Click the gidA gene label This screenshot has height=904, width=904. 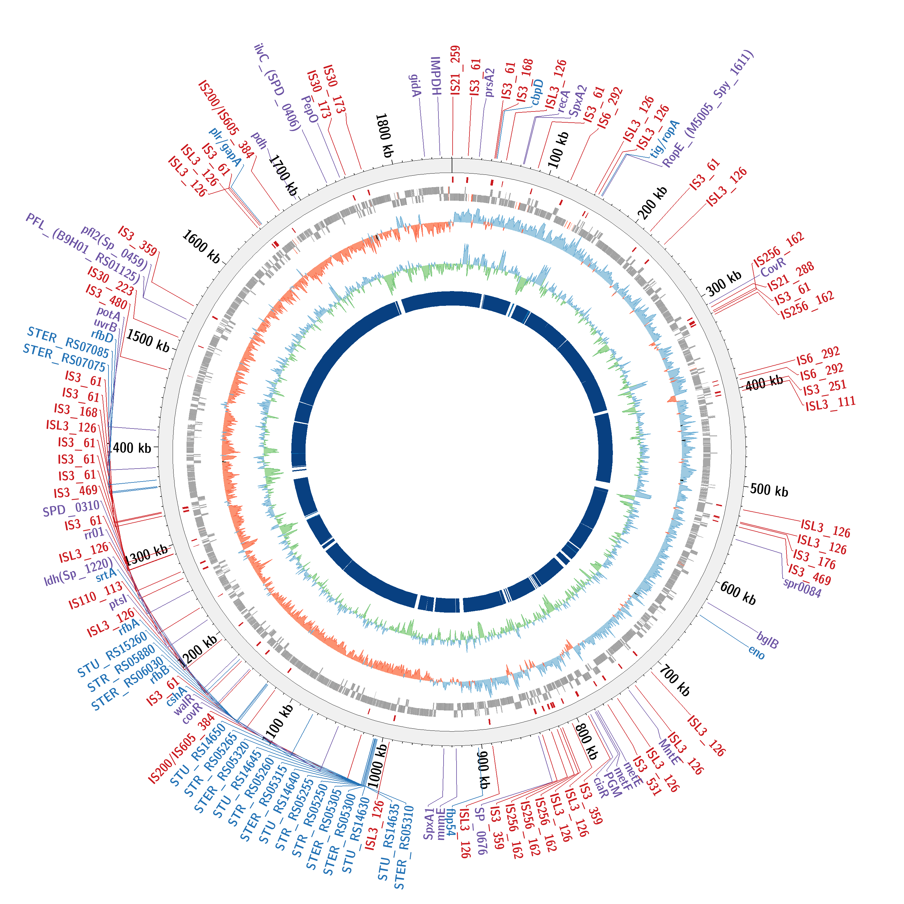click(415, 86)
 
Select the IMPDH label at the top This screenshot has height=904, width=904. click(436, 76)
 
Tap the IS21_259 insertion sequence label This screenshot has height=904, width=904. click(455, 70)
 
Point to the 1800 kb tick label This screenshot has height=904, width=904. click(384, 135)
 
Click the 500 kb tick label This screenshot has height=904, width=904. click(769, 490)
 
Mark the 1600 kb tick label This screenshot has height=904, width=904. click(201, 246)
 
